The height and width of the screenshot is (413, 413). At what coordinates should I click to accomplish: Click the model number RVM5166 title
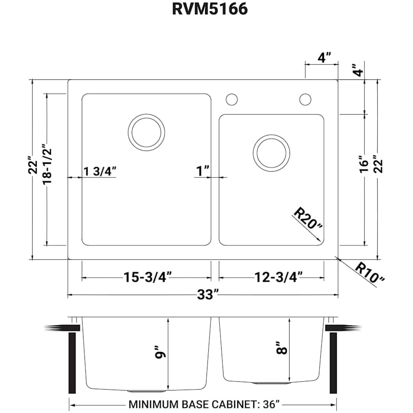click(x=210, y=9)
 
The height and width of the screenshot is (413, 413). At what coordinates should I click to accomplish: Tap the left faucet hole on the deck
click(x=232, y=99)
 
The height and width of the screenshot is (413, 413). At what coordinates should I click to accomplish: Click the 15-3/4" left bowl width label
click(x=147, y=277)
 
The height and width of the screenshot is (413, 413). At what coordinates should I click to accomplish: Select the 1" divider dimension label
click(x=202, y=171)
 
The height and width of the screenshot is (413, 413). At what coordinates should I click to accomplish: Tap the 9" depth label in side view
click(x=160, y=355)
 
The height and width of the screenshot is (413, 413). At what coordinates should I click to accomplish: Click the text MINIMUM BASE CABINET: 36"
click(x=204, y=405)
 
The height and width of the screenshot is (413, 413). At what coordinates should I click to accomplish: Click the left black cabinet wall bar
click(x=72, y=363)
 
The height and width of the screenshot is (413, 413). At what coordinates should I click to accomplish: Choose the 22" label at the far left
click(x=32, y=167)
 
